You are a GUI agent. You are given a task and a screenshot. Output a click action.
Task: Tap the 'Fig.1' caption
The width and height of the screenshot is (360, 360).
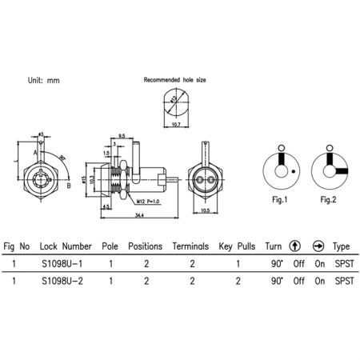280,198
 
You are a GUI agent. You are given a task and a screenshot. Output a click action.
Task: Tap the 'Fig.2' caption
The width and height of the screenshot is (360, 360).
327,198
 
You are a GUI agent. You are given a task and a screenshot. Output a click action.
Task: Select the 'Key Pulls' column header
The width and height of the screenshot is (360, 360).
236,246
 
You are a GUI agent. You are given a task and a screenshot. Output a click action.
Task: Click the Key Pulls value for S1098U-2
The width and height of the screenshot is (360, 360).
238,281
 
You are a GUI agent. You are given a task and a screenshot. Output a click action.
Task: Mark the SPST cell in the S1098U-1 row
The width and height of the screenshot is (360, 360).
343,262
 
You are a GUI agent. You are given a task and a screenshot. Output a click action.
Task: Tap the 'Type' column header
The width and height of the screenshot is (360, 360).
342,246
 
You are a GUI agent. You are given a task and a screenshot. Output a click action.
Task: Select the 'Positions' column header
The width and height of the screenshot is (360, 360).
146,246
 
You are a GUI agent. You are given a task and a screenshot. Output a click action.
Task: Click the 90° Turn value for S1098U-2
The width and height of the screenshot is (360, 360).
277,281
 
